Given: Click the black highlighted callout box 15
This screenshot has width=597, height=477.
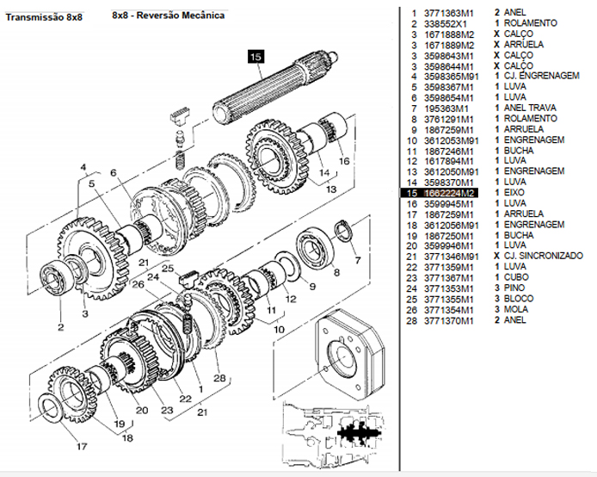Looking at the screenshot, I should tap(255, 57).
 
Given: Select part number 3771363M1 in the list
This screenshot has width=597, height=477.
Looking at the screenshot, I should tap(450, 13).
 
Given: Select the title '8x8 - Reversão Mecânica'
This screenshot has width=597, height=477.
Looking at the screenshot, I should tap(169, 15).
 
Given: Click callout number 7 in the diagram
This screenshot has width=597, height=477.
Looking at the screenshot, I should tap(357, 259).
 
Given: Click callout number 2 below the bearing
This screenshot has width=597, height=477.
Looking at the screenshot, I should tap(61, 327).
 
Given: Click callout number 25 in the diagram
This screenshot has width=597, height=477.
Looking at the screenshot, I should tap(169, 269).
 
